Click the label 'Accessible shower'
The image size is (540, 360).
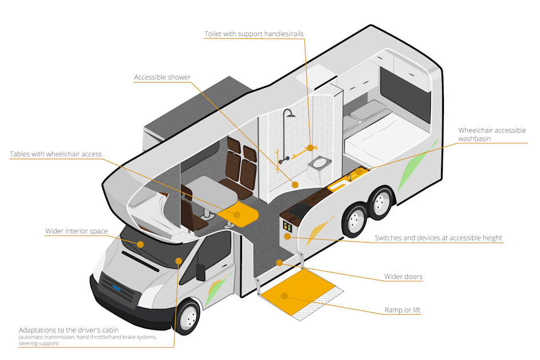coord(162,77)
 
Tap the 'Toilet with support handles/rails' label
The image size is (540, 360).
coord(254,34)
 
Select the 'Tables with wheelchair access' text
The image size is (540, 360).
coord(55,154)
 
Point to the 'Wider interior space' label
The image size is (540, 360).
coord(76,231)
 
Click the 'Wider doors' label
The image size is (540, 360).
coord(403,277)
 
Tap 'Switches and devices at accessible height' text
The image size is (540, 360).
coord(439,238)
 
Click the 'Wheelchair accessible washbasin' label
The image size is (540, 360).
coord(492,134)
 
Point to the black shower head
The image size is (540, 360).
coord(291,114)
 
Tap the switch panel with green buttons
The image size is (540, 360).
coord(287,226)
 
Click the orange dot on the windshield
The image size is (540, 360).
coord(140,244)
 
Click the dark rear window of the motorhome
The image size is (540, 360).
coord(405,94)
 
